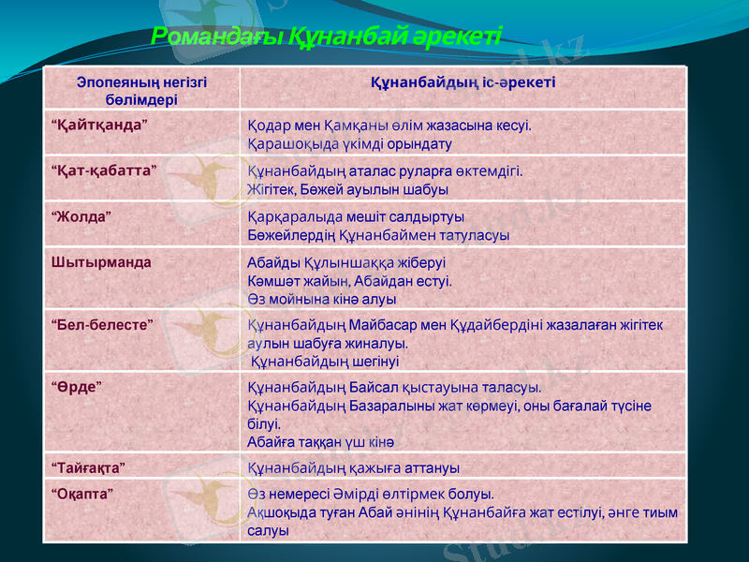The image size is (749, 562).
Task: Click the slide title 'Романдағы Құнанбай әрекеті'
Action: (326, 37)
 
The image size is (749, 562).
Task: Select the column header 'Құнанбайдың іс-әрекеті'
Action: (463, 82)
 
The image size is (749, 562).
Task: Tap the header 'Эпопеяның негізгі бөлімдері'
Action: (141, 90)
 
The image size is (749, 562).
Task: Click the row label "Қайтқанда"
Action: (99, 124)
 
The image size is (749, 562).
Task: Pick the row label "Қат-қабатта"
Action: (103, 170)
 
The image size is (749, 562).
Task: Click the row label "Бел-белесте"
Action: (103, 323)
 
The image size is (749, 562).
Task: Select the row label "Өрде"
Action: (77, 386)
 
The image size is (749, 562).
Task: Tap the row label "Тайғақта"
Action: (88, 466)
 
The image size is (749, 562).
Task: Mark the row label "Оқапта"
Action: (83, 492)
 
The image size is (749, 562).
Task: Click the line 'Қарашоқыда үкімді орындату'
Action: (349, 144)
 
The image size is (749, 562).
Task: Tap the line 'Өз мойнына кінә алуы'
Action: (321, 300)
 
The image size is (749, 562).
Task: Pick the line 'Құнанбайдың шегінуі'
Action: (325, 362)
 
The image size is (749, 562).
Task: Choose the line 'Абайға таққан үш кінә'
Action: (320, 441)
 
